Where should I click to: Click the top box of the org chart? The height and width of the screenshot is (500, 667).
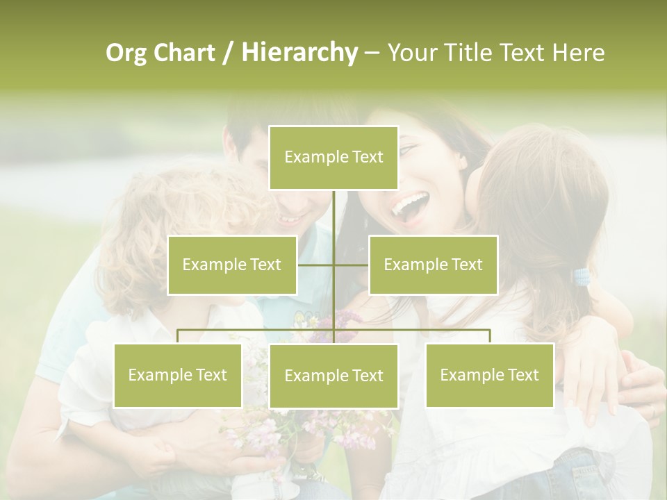tap(333, 158)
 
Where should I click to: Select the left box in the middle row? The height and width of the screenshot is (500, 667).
tap(232, 265)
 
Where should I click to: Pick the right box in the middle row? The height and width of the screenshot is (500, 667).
tap(433, 265)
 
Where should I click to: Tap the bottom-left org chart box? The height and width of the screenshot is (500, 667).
tap(178, 375)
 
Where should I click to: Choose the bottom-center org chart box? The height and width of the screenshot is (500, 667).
tap(333, 376)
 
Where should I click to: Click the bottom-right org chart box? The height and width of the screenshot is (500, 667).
tap(489, 375)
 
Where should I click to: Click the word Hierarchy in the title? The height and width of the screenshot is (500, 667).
tap(299, 53)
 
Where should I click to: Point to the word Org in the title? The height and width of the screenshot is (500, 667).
tap(126, 53)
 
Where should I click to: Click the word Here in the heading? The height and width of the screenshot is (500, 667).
tap(578, 53)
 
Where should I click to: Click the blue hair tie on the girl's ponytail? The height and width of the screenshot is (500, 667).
tap(581, 278)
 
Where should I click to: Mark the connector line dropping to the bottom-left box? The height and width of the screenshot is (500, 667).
tap(178, 336)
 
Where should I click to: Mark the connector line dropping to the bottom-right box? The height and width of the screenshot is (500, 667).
tap(490, 336)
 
